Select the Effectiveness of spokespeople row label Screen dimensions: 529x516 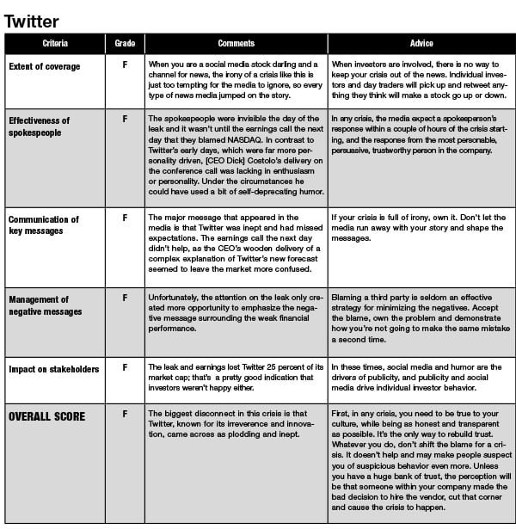tap(39, 126)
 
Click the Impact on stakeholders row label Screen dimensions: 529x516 tap(53, 369)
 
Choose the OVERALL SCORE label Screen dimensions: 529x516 tap(46, 416)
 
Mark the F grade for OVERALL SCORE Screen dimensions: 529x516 tap(125, 415)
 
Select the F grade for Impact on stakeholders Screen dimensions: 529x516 tap(125, 368)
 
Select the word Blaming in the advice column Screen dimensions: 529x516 tap(347, 297)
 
